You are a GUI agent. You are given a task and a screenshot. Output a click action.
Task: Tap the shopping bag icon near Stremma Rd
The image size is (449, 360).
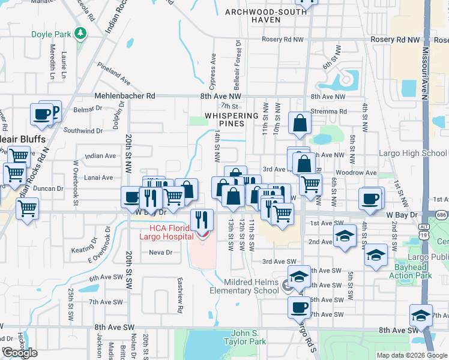click(x=300, y=124)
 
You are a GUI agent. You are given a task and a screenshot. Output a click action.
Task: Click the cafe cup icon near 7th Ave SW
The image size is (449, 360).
click(x=299, y=308)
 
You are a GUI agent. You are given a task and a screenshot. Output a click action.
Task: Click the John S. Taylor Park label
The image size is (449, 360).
click(x=249, y=337)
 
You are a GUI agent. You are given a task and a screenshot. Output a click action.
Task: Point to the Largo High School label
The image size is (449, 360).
click(x=412, y=153)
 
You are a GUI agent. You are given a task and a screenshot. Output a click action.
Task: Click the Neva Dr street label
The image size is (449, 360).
click(x=160, y=253)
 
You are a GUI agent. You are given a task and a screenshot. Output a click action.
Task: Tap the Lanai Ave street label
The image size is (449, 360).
click(x=100, y=178)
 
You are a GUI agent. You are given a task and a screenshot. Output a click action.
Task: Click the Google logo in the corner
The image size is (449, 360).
click(x=20, y=352)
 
